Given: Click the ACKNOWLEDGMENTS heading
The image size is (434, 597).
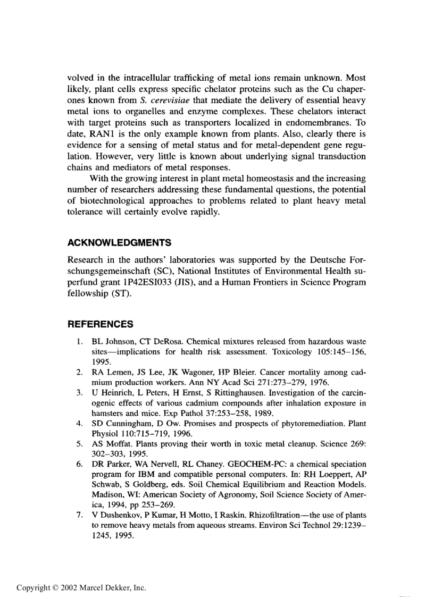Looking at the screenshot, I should point(120,243).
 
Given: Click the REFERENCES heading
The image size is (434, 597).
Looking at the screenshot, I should point(101,324).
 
